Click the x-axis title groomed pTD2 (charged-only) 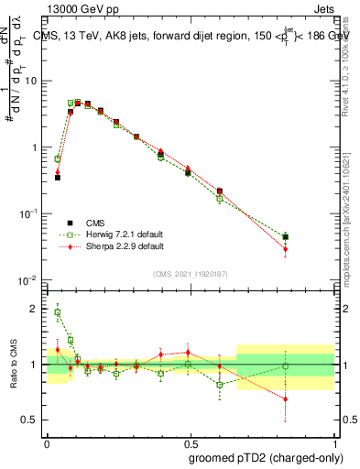click(267, 457)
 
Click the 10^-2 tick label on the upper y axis click(29, 279)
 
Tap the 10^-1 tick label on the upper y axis click(29, 213)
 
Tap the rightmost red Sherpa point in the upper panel click(285, 249)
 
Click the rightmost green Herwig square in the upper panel click(285, 237)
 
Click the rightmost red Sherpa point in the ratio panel click(285, 398)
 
